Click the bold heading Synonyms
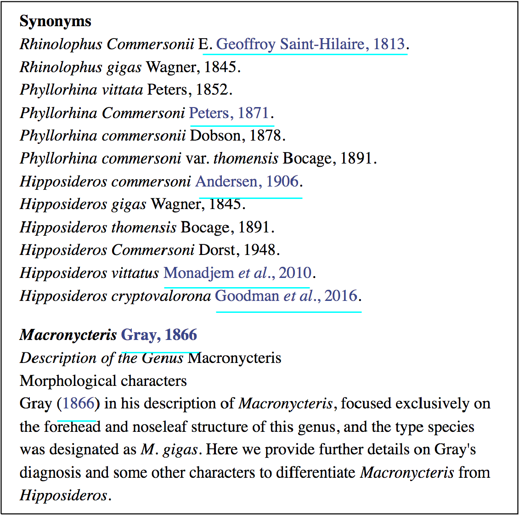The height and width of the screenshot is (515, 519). tap(55, 21)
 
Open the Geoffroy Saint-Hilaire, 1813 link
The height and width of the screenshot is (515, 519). tap(310, 44)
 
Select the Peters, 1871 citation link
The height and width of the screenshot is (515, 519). tap(229, 113)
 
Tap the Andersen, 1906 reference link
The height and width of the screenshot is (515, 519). tap(247, 181)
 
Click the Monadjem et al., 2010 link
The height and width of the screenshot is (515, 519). tap(237, 273)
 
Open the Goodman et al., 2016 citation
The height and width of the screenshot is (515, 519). tap(286, 296)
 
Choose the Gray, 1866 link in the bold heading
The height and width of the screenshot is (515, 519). tap(159, 334)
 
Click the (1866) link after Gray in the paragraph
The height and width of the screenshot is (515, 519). tap(78, 403)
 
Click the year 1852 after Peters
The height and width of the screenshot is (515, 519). tap(212, 90)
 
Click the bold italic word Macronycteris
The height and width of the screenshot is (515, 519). tap(68, 335)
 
